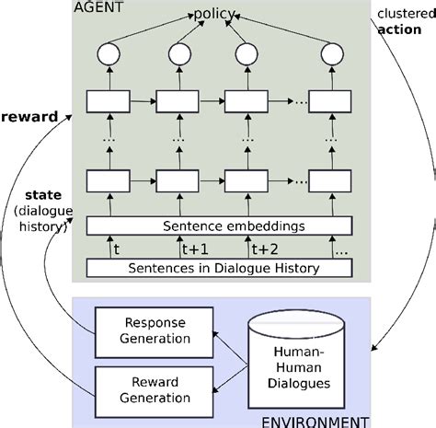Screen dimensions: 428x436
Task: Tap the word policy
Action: pos(212,16)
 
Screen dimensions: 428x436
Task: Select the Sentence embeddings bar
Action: pos(219,224)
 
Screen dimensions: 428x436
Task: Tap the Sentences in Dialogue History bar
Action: pos(219,268)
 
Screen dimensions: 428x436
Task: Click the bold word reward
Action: pos(30,117)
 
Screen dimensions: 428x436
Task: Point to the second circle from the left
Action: pos(177,54)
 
